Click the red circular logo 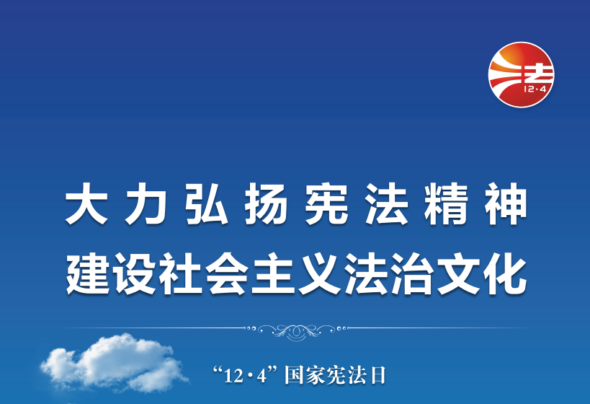tap(521, 74)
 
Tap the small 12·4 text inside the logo tap(535, 89)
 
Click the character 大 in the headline tap(86, 204)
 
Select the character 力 tap(146, 204)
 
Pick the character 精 tap(446, 204)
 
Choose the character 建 tap(88, 273)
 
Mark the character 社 tap(181, 273)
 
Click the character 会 tap(227, 273)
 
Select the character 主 tap(273, 273)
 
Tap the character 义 tap(320, 273)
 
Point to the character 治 tap(412, 273)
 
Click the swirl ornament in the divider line tap(297, 331)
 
